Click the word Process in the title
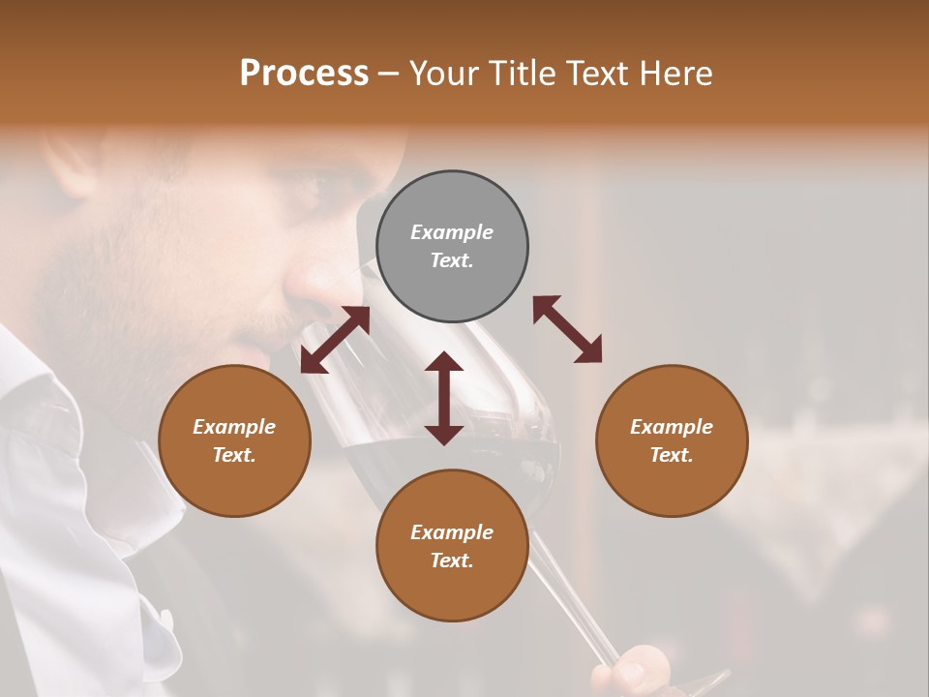[304, 74]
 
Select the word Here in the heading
[676, 74]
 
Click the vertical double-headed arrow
[444, 398]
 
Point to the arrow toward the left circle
[335, 340]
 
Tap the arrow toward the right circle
[568, 330]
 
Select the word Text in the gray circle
[452, 260]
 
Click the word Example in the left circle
[234, 427]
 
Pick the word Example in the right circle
[672, 427]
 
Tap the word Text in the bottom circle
[452, 561]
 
